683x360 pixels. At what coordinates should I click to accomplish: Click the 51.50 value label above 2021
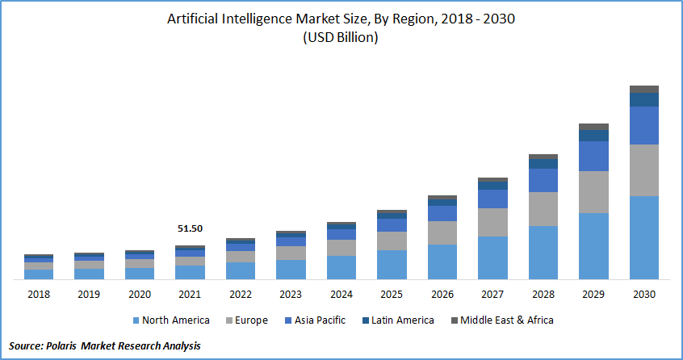point(190,229)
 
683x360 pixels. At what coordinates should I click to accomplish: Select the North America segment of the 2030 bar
point(643,237)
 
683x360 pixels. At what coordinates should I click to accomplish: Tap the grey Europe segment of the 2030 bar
point(643,170)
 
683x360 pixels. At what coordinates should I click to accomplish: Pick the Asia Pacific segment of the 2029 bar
point(593,156)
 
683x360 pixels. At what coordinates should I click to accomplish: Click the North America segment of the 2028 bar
point(543,252)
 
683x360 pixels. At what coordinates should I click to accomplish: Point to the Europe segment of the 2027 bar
point(492,222)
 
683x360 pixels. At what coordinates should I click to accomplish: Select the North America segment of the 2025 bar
point(392,264)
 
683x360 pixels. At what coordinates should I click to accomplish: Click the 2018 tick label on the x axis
point(38,295)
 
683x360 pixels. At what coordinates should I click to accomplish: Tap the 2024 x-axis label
point(341,295)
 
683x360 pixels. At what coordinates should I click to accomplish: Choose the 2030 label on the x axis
point(643,295)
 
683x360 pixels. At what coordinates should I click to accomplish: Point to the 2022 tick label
point(240,295)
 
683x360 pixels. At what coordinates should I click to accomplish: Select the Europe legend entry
point(250,320)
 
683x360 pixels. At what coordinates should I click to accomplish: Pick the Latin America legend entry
point(402,320)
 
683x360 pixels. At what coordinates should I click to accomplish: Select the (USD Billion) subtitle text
point(341,38)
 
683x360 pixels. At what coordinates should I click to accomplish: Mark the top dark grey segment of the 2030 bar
point(643,89)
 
